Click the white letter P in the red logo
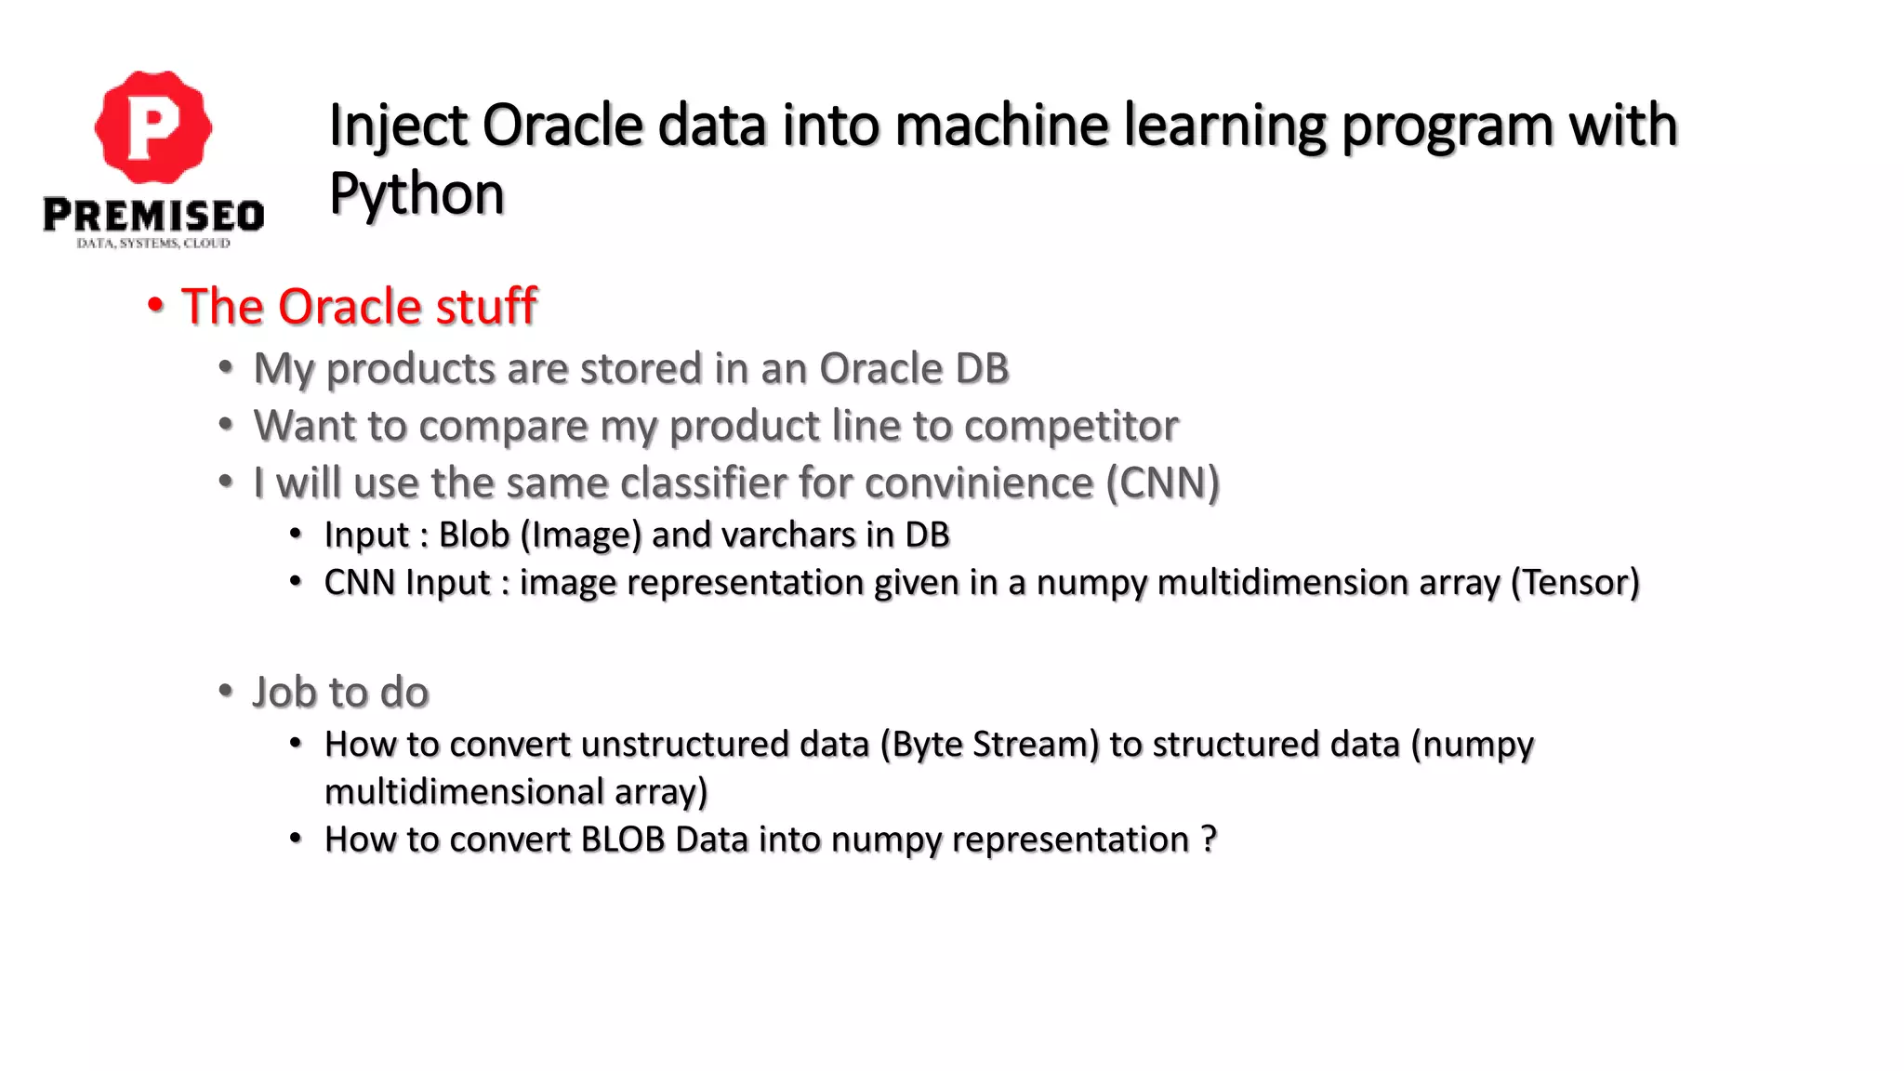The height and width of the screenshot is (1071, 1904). click(x=152, y=127)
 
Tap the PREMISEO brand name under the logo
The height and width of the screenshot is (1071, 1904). click(x=153, y=216)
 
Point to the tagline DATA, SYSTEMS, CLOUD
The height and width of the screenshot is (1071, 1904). click(x=153, y=244)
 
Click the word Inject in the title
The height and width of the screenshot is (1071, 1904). click(x=397, y=126)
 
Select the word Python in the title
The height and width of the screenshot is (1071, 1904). click(x=416, y=194)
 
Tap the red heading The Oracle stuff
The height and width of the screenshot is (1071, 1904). click(x=359, y=307)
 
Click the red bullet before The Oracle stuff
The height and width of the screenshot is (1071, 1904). click(x=155, y=306)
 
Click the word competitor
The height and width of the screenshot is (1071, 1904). click(x=1071, y=427)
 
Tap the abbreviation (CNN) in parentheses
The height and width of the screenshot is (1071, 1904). click(x=1162, y=483)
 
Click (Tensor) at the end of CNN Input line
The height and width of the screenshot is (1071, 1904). click(x=1575, y=583)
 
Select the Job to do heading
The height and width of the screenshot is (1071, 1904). click(x=340, y=693)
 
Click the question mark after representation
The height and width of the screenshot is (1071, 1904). click(x=1208, y=840)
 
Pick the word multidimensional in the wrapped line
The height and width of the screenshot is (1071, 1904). click(x=464, y=792)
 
